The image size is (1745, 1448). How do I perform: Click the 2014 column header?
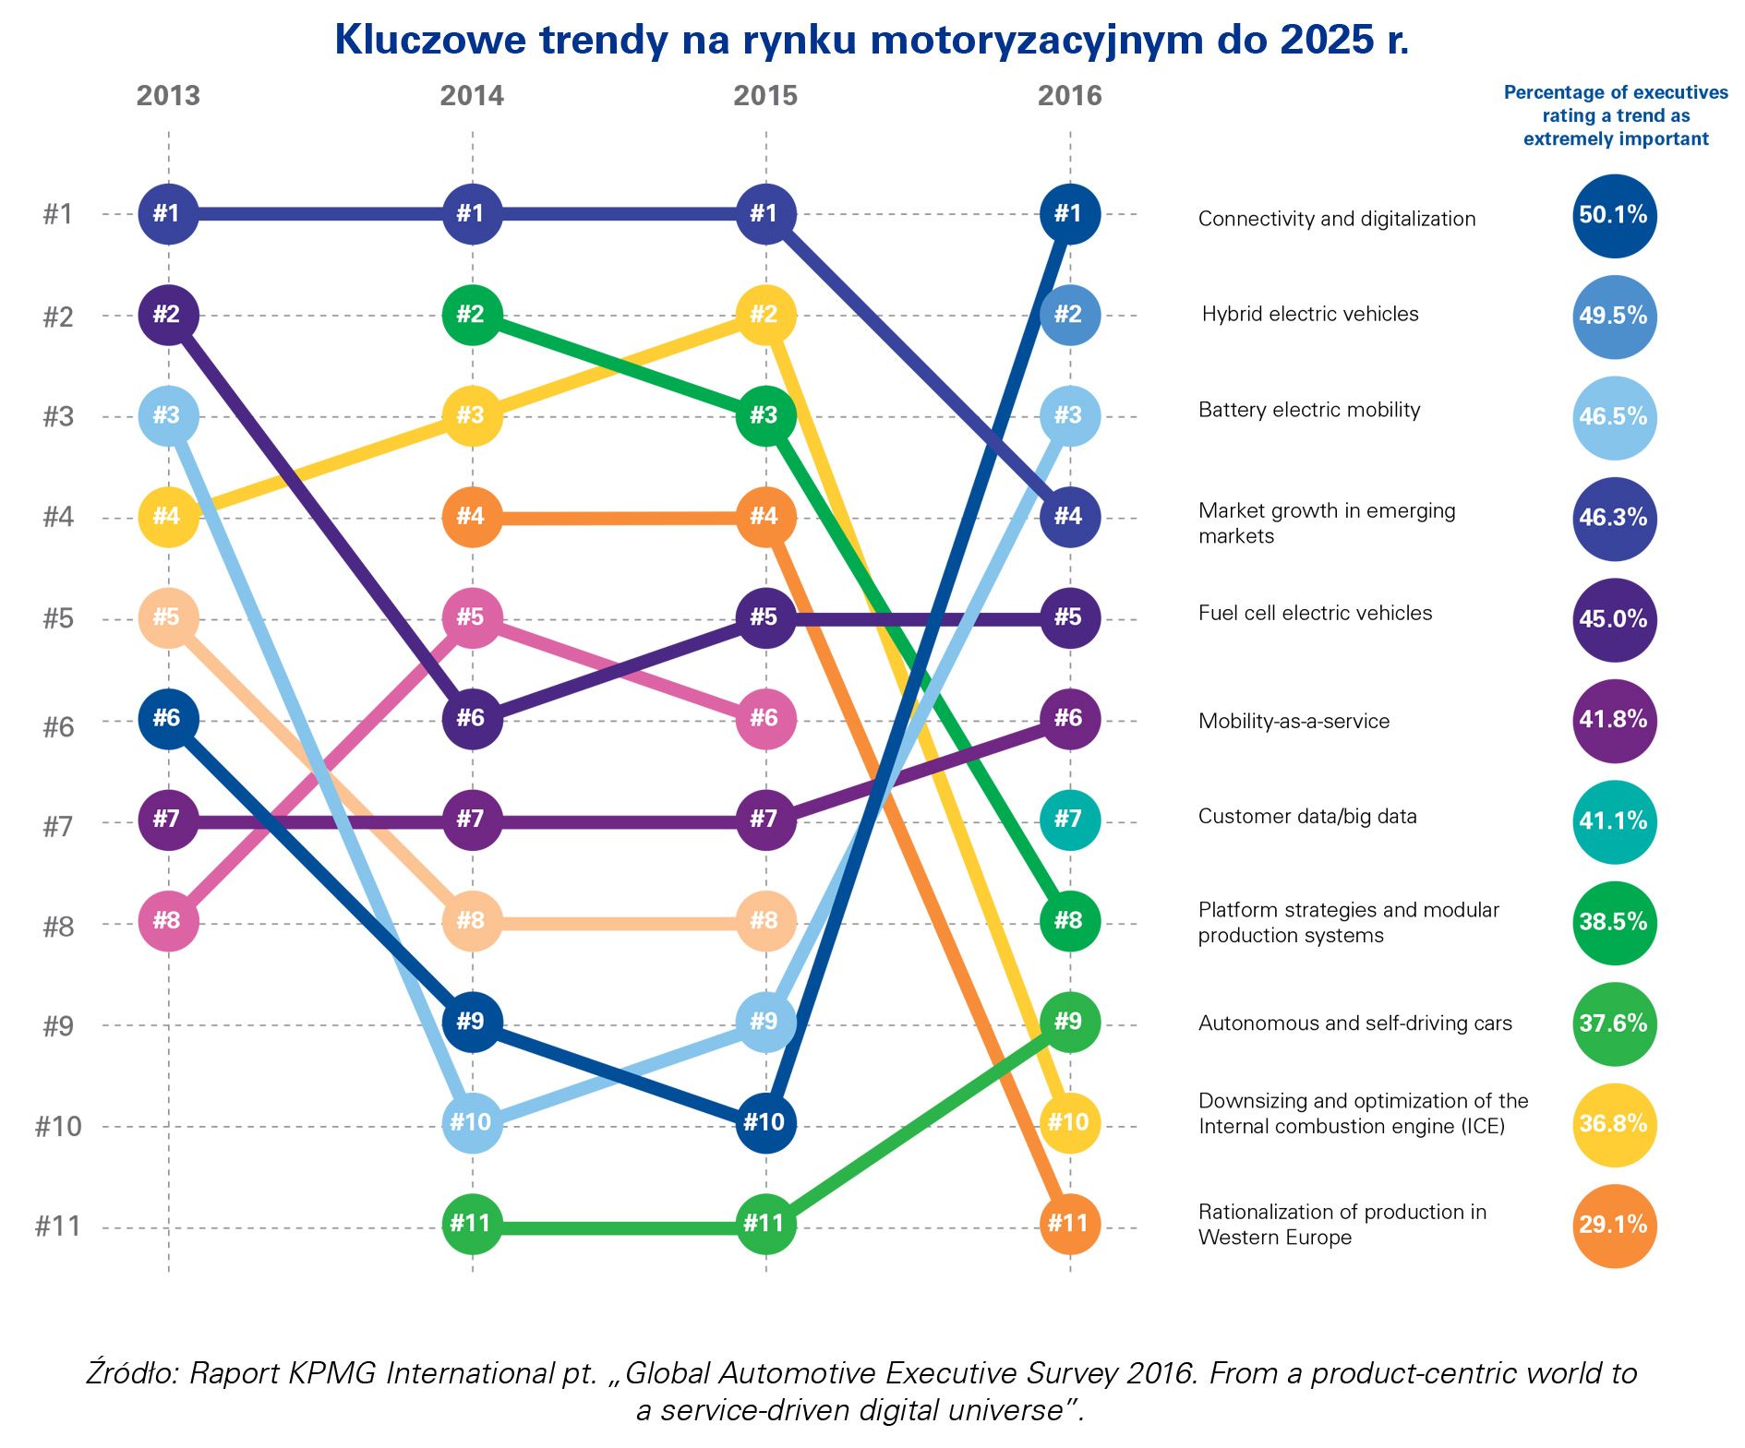(x=472, y=96)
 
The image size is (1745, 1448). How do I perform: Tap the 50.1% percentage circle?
(x=1614, y=216)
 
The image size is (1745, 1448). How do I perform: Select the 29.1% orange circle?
(x=1614, y=1226)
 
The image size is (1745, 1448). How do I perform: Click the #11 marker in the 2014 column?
(x=472, y=1224)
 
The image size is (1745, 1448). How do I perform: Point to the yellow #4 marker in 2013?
(x=168, y=517)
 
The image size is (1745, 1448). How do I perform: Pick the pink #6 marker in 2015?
(x=765, y=719)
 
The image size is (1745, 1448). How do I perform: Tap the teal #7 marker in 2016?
(x=1069, y=820)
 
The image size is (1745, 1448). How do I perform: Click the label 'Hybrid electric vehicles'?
(x=1309, y=315)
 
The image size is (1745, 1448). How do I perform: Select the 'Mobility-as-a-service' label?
(x=1294, y=722)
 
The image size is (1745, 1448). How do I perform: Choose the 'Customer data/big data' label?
(x=1306, y=817)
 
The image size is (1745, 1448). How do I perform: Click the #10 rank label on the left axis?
(x=58, y=1127)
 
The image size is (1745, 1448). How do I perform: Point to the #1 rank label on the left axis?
(x=58, y=215)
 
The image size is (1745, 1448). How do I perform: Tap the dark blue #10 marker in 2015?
(x=765, y=1123)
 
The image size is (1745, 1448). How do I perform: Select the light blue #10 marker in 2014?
(x=472, y=1123)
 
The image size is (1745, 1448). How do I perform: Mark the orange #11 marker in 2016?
(x=1069, y=1224)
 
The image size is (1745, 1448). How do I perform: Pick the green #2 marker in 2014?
(x=472, y=315)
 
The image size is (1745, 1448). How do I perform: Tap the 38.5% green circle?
(x=1614, y=923)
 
